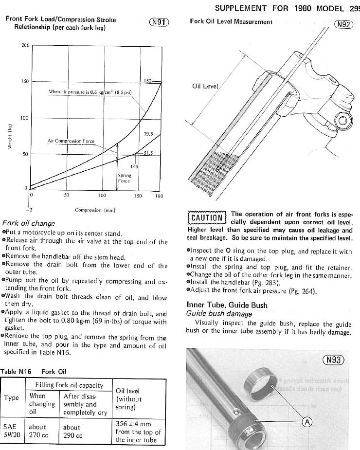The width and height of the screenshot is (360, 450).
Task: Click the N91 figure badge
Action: click(x=159, y=22)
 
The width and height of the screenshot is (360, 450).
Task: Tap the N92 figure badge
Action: click(x=343, y=24)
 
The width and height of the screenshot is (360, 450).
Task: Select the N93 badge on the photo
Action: click(x=333, y=360)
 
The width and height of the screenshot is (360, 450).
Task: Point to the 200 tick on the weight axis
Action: click(x=25, y=46)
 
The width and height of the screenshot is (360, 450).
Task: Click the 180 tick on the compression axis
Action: click(x=159, y=196)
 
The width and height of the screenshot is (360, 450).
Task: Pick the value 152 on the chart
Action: click(x=149, y=81)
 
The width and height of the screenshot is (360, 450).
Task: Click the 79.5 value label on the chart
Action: click(x=149, y=134)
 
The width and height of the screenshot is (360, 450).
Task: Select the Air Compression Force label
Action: click(x=71, y=141)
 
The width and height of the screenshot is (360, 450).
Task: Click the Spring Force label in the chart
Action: click(x=125, y=178)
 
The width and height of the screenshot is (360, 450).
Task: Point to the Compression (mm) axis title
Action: click(x=95, y=210)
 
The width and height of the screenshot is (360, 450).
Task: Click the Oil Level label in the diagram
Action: click(x=205, y=86)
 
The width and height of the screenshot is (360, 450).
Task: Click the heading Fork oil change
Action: click(x=29, y=224)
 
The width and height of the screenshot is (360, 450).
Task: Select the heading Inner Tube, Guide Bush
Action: click(x=227, y=305)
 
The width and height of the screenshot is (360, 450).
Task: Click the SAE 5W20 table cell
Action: click(x=12, y=431)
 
